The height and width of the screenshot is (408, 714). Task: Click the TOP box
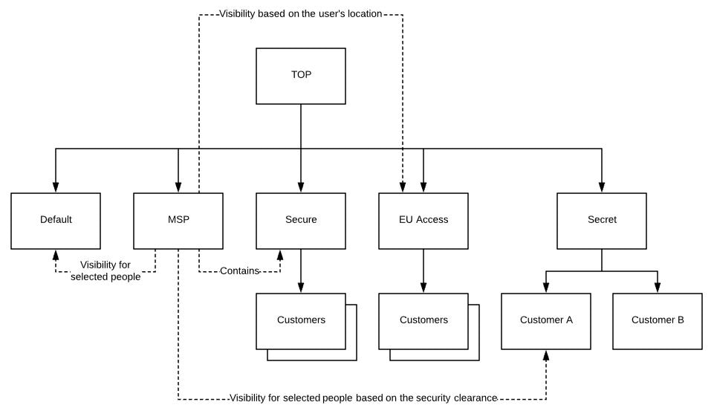click(x=301, y=76)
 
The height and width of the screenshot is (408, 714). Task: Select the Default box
click(x=56, y=221)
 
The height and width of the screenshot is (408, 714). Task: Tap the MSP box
click(x=178, y=221)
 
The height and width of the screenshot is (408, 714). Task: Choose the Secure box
click(x=301, y=221)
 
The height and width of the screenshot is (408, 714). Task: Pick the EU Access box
click(x=423, y=221)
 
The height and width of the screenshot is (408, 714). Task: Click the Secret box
click(x=602, y=221)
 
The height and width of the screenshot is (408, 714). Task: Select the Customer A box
click(x=546, y=321)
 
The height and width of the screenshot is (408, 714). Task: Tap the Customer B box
click(x=658, y=321)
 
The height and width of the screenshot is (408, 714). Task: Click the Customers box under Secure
click(x=301, y=321)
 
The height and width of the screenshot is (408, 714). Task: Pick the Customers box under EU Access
click(x=423, y=321)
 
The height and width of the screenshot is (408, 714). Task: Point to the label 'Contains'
click(x=239, y=271)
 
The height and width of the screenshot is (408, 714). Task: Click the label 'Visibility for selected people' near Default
click(x=106, y=271)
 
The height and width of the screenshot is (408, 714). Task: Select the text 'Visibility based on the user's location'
click(x=300, y=14)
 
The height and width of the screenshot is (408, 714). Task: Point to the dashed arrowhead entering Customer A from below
click(x=546, y=355)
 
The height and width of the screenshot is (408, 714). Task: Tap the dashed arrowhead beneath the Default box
click(x=56, y=255)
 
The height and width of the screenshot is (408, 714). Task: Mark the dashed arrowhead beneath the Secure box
click(x=280, y=255)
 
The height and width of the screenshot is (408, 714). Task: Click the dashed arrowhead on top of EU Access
click(x=403, y=187)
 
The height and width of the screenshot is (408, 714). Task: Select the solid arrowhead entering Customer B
click(x=658, y=288)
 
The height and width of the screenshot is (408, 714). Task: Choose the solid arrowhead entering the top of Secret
click(x=602, y=187)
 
